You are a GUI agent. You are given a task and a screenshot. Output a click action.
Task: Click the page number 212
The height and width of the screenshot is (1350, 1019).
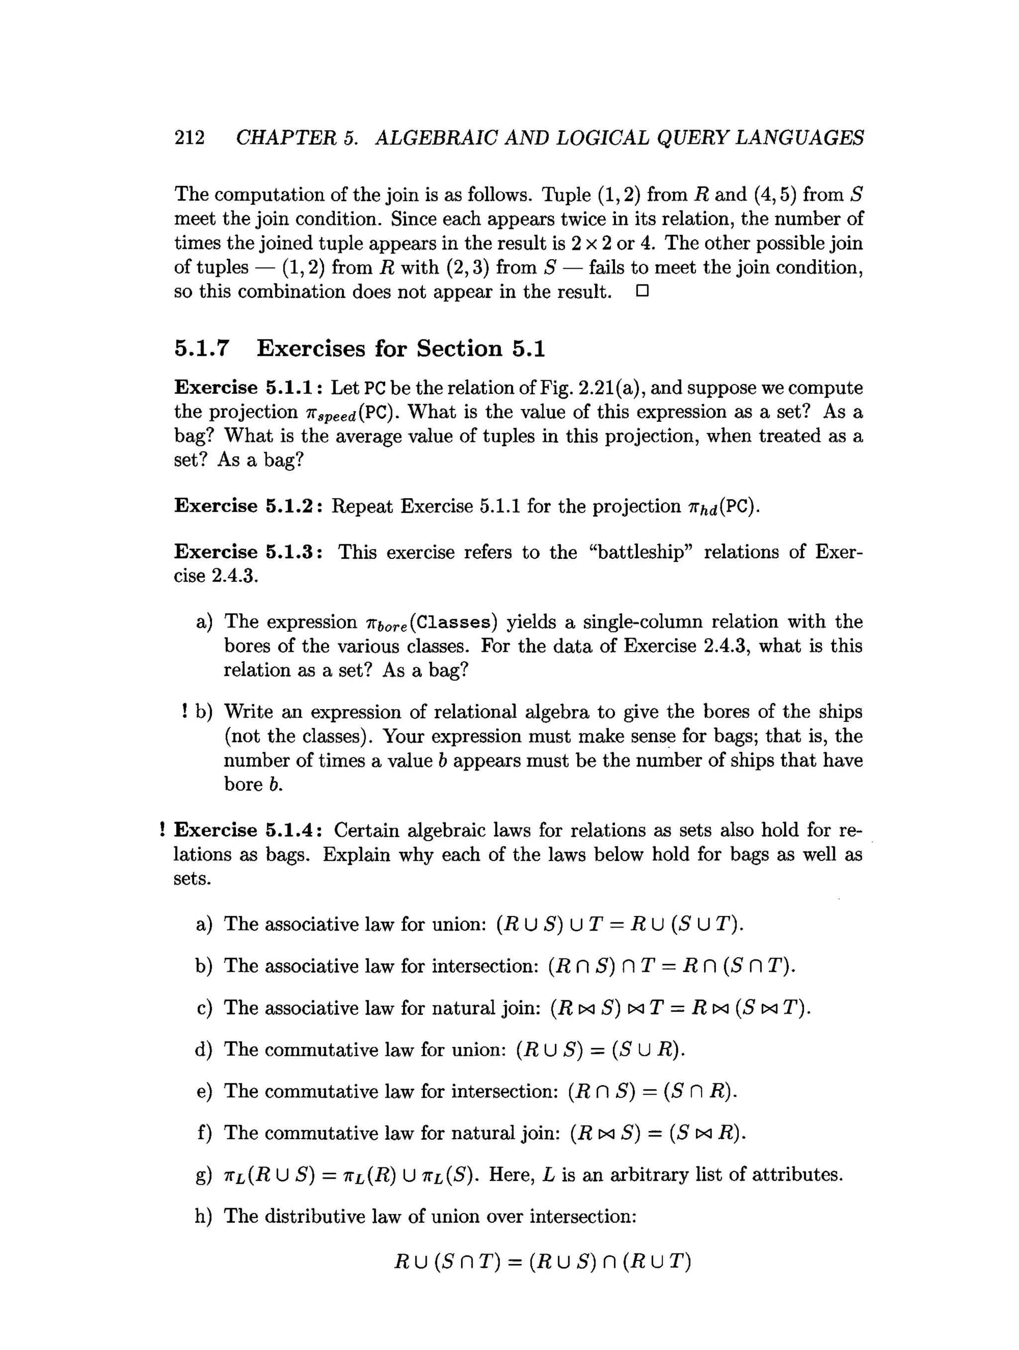pos(190,137)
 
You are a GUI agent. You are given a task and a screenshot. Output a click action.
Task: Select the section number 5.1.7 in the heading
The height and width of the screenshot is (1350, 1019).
pos(202,348)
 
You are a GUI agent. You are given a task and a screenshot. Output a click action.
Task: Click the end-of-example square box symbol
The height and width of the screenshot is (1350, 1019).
pos(641,292)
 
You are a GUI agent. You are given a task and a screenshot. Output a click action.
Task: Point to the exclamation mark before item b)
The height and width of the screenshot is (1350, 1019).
pos(184,712)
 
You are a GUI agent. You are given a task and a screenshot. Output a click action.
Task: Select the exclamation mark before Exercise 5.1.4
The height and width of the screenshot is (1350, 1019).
pos(162,830)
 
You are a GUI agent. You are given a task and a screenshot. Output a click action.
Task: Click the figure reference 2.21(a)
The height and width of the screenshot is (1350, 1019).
pos(606,388)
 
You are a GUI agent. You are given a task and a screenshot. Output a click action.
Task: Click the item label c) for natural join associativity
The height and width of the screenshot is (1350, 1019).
pos(204,1008)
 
